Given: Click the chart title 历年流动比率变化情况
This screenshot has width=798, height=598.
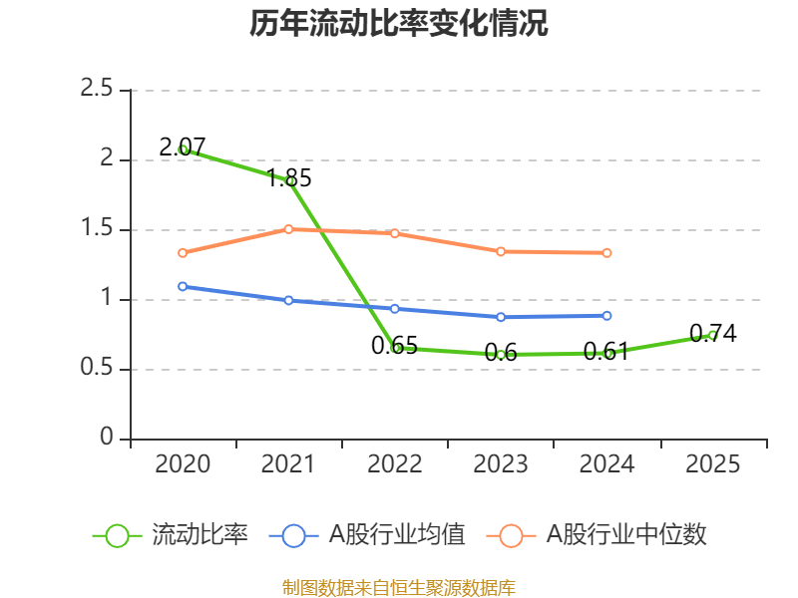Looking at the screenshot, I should [x=399, y=24].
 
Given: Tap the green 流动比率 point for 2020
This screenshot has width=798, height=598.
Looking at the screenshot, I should [x=183, y=149].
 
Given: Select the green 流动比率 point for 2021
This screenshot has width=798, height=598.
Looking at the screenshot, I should [x=289, y=180].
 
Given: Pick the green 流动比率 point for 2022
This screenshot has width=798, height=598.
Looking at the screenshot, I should [x=395, y=348].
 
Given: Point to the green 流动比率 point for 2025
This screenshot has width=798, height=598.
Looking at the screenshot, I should [x=712, y=335].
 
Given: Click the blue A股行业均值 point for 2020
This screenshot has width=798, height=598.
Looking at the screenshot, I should [x=183, y=286].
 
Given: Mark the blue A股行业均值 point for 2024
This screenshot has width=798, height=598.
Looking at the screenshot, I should [x=606, y=315].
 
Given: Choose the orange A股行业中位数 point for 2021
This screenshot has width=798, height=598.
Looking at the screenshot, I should [x=289, y=229].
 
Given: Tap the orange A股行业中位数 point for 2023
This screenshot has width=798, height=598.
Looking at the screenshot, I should [x=501, y=251].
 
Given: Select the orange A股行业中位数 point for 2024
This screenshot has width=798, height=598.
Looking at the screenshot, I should [x=606, y=252].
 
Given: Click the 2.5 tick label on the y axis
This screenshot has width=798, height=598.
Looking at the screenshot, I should [x=98, y=90].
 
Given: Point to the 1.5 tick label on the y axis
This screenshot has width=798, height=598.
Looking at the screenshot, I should [x=98, y=229].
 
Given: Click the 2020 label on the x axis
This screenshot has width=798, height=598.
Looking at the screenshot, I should [x=183, y=464].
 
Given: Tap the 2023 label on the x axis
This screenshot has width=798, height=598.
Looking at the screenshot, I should [x=501, y=464].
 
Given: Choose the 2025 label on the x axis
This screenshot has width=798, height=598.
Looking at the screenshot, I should [x=712, y=464].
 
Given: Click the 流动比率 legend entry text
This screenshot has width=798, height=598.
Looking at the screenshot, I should [x=199, y=535].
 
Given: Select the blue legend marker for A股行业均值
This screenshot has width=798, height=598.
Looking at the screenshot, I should [x=293, y=535].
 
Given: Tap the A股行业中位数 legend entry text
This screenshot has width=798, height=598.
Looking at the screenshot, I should [x=625, y=535].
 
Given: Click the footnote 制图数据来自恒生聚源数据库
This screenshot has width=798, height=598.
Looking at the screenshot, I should [x=399, y=587].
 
